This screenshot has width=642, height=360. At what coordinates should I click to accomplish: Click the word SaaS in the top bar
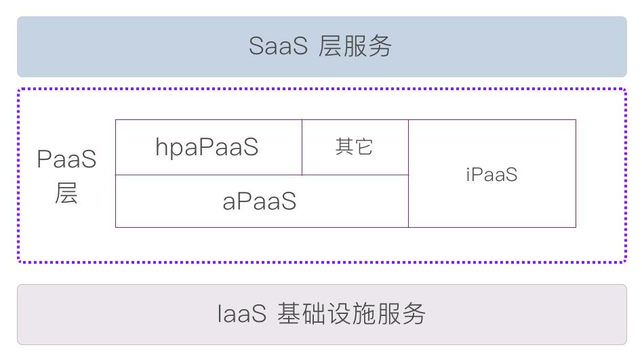click(x=278, y=46)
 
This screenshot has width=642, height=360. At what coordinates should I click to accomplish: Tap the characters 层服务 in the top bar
click(x=355, y=46)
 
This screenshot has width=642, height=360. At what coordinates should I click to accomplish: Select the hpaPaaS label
click(x=207, y=147)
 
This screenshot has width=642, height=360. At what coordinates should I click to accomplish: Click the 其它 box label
click(x=354, y=146)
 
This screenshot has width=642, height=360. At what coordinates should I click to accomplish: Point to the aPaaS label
click(x=260, y=201)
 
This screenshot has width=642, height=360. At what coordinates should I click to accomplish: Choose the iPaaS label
click(x=491, y=174)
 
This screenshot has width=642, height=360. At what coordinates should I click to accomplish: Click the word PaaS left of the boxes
click(x=66, y=159)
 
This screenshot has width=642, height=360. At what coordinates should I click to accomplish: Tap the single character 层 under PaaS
click(x=66, y=193)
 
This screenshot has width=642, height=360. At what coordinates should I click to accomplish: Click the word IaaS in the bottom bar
click(x=241, y=314)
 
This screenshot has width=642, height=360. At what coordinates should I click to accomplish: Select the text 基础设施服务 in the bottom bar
click(x=351, y=314)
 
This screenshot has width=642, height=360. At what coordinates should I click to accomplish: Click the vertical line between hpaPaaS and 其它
click(x=302, y=147)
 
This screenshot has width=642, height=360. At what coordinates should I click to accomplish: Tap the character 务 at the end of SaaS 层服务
click(x=380, y=46)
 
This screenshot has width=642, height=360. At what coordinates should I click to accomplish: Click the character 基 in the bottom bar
click(x=289, y=314)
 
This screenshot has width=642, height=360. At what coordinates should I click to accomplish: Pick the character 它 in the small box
click(x=363, y=147)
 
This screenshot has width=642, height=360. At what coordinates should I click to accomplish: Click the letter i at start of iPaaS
click(x=468, y=174)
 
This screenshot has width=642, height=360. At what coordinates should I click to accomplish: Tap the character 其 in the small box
click(x=345, y=146)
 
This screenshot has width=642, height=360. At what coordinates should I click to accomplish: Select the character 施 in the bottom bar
click(x=363, y=314)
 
